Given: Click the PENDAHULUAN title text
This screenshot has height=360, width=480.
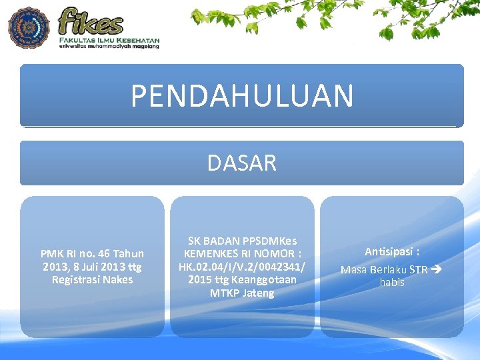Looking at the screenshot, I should pyautogui.click(x=241, y=95).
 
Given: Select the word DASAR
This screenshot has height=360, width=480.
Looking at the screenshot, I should pyautogui.click(x=241, y=163).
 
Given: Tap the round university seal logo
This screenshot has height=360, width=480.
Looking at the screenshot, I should pyautogui.click(x=29, y=27).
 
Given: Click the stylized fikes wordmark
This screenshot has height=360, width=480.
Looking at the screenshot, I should pyautogui.click(x=91, y=21).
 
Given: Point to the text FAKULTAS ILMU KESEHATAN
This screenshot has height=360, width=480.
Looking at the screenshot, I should pyautogui.click(x=109, y=40).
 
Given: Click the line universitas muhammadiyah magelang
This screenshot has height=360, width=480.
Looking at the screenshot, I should pyautogui.click(x=109, y=47).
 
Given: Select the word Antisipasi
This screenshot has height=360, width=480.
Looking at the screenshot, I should pyautogui.click(x=388, y=252).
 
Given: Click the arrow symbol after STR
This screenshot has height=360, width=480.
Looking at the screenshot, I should pyautogui.click(x=437, y=270).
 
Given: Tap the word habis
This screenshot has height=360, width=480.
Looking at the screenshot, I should pyautogui.click(x=392, y=282).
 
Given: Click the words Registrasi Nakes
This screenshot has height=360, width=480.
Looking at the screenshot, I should pyautogui.click(x=92, y=279).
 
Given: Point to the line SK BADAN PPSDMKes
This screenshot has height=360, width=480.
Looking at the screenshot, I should pyautogui.click(x=242, y=241).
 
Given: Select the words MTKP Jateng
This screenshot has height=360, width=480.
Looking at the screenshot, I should pyautogui.click(x=242, y=293).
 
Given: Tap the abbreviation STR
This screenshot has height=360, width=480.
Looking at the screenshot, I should pyautogui.click(x=419, y=270).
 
